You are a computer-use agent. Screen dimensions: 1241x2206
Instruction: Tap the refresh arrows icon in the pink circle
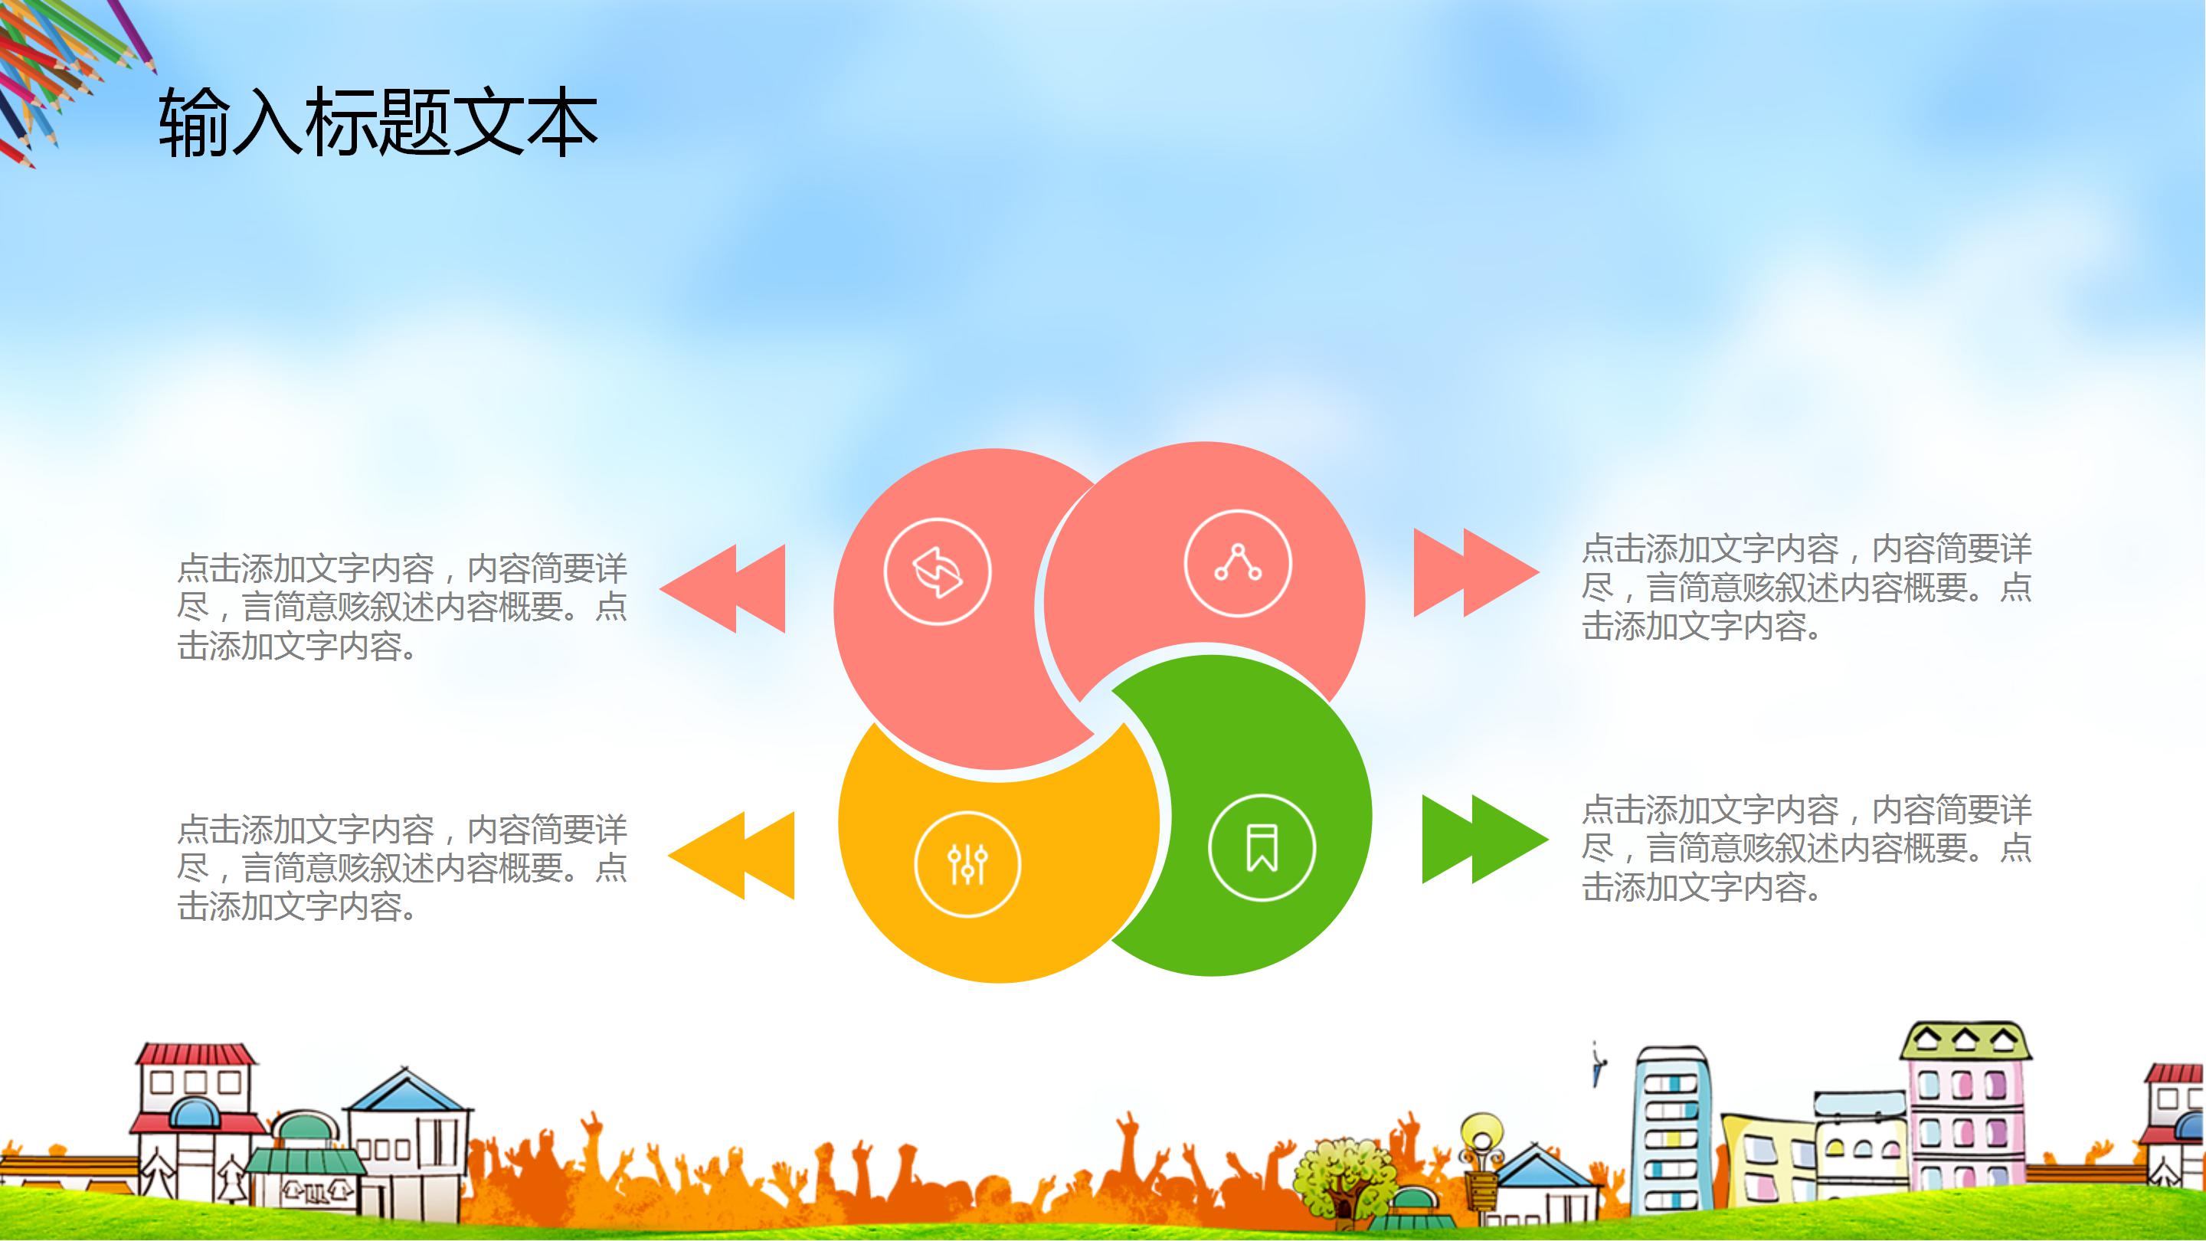937,571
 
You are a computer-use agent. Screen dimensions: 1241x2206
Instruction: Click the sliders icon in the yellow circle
967,863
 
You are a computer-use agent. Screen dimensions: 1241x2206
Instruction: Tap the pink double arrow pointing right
1474,572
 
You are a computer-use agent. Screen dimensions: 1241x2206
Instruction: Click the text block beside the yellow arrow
401,868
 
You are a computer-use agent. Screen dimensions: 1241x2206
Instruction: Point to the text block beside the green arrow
1805,848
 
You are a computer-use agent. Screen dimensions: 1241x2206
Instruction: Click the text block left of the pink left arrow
401,607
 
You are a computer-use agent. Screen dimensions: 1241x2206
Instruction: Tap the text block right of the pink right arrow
1805,587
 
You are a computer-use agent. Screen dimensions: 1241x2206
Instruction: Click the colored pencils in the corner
60,68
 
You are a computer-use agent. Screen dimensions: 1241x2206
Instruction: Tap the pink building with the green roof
1965,1113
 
